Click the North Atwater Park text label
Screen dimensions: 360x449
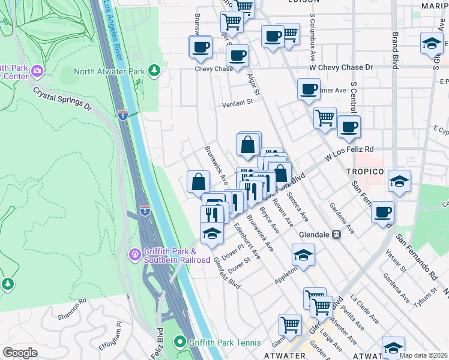click(109, 72)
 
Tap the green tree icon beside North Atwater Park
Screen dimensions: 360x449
click(155, 71)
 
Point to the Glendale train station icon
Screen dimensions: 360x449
click(337, 235)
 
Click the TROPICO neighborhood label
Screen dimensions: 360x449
click(364, 172)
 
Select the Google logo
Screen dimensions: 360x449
click(20, 353)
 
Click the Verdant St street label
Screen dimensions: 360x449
click(237, 103)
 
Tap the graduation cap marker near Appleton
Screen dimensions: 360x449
click(304, 254)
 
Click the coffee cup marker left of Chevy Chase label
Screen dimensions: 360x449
click(200, 46)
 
